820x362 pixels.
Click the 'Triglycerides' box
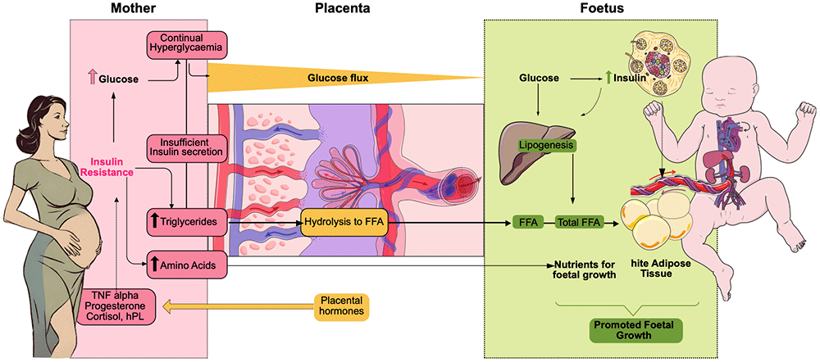point(185,220)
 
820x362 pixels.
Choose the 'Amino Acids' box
point(185,263)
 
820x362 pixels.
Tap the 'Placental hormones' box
point(342,306)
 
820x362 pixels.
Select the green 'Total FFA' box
point(576,221)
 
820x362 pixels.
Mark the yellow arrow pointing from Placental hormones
point(238,306)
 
